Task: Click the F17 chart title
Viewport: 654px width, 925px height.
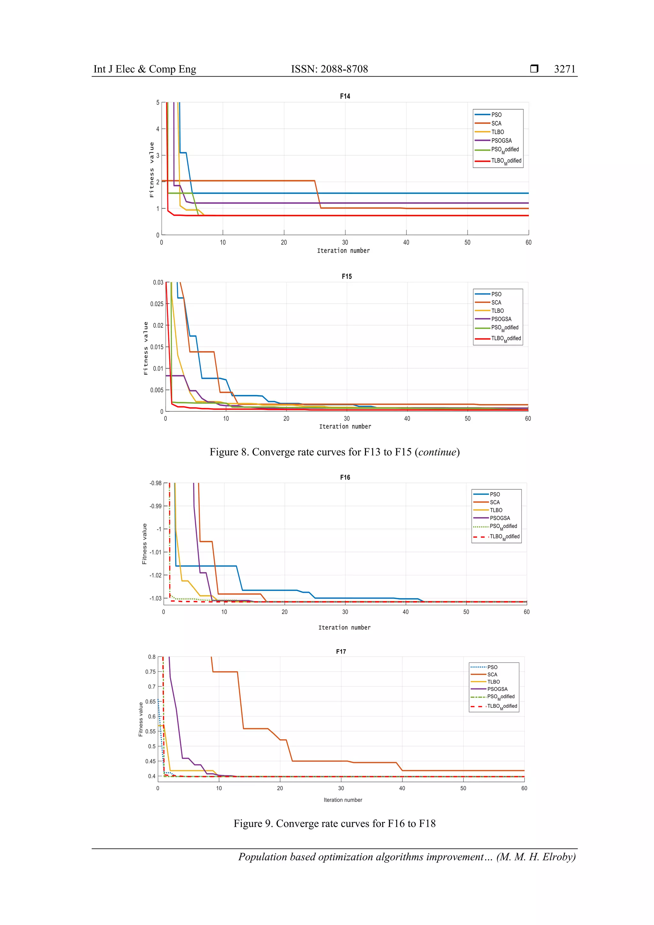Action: click(341, 652)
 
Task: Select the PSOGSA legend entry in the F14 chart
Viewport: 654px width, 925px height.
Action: click(501, 141)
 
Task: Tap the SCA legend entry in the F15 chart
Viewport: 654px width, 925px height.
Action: click(496, 302)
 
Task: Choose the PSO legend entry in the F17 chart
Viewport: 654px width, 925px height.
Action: click(492, 667)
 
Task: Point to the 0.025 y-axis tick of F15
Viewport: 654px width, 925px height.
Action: click(157, 304)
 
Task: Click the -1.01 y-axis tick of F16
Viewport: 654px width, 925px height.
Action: click(155, 552)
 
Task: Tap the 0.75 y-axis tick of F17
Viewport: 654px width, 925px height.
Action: click(150, 672)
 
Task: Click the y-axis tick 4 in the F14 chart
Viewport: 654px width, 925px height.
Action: click(158, 129)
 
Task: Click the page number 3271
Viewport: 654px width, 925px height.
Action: click(565, 69)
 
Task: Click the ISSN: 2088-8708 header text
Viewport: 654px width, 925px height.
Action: click(330, 69)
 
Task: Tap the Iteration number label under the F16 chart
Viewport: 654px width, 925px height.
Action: click(344, 628)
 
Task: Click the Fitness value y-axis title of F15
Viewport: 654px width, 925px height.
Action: click(146, 348)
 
